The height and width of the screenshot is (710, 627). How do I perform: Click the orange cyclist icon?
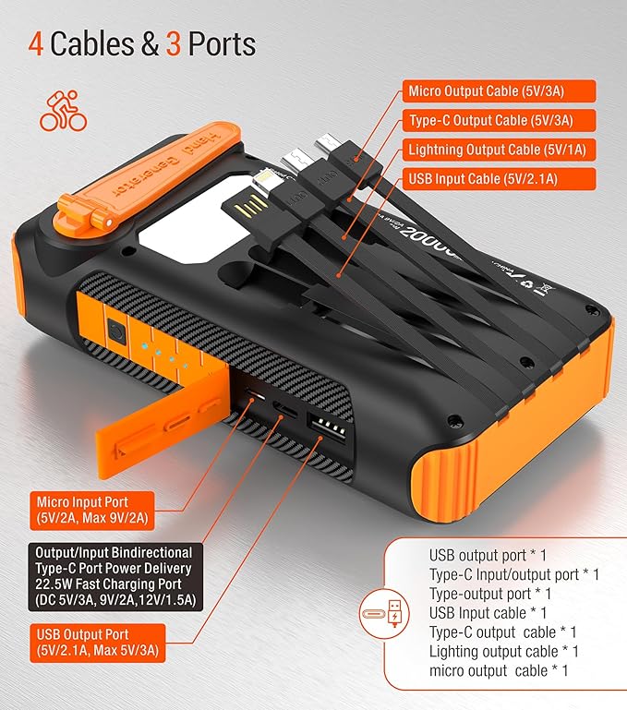pos(63,110)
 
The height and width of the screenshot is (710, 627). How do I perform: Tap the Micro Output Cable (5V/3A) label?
pos(498,91)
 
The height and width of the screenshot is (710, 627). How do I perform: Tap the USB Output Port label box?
pos(97,644)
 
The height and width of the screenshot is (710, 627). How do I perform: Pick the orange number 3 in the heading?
pos(172,44)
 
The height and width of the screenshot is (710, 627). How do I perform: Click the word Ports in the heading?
pos(223,44)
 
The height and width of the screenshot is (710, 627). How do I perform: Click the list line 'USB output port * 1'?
pos(488,556)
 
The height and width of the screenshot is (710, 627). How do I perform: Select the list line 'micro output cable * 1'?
pos(499,670)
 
